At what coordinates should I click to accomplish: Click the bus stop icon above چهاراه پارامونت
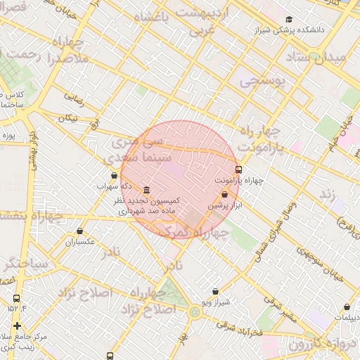238,169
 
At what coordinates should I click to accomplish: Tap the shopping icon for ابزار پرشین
224,194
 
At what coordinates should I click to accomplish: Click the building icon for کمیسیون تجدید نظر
146,190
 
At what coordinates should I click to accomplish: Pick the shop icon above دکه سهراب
115,176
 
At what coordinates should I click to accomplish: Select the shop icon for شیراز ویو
215,291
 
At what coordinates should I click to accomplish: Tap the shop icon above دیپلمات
347,307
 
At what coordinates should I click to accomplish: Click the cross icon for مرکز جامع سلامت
17,326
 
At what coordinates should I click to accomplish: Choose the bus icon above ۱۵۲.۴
16,298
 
